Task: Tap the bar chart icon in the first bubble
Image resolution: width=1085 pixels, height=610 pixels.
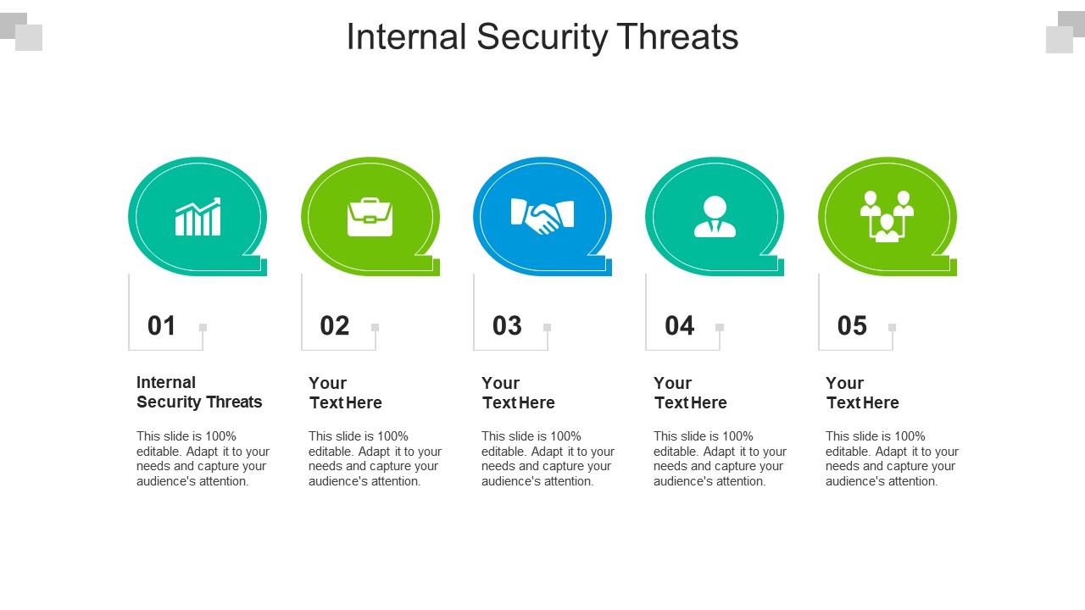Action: (x=198, y=218)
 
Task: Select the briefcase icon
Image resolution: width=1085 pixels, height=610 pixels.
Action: (x=370, y=218)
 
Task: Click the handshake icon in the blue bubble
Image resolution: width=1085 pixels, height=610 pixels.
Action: (x=542, y=217)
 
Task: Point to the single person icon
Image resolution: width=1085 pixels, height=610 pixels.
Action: (x=715, y=217)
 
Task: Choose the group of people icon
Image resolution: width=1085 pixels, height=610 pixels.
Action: (x=887, y=217)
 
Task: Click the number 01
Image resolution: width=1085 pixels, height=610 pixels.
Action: (x=162, y=326)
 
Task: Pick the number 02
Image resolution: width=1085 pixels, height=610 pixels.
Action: (x=335, y=326)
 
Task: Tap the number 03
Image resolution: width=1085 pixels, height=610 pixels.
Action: (x=507, y=326)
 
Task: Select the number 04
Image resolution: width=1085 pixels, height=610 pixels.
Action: (x=680, y=326)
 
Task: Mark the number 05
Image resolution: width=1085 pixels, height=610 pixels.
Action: (x=852, y=326)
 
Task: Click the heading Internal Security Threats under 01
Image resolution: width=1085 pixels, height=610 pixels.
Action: (x=199, y=392)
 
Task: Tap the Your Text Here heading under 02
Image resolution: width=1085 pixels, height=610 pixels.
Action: (x=345, y=393)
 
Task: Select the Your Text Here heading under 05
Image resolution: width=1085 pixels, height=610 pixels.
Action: (x=862, y=393)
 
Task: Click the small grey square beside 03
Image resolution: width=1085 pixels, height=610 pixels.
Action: (x=548, y=327)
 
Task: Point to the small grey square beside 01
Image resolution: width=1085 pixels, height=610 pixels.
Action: (x=203, y=327)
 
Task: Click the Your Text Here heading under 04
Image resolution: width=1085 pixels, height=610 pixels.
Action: (x=690, y=393)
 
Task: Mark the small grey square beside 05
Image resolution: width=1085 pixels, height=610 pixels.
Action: (x=892, y=327)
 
